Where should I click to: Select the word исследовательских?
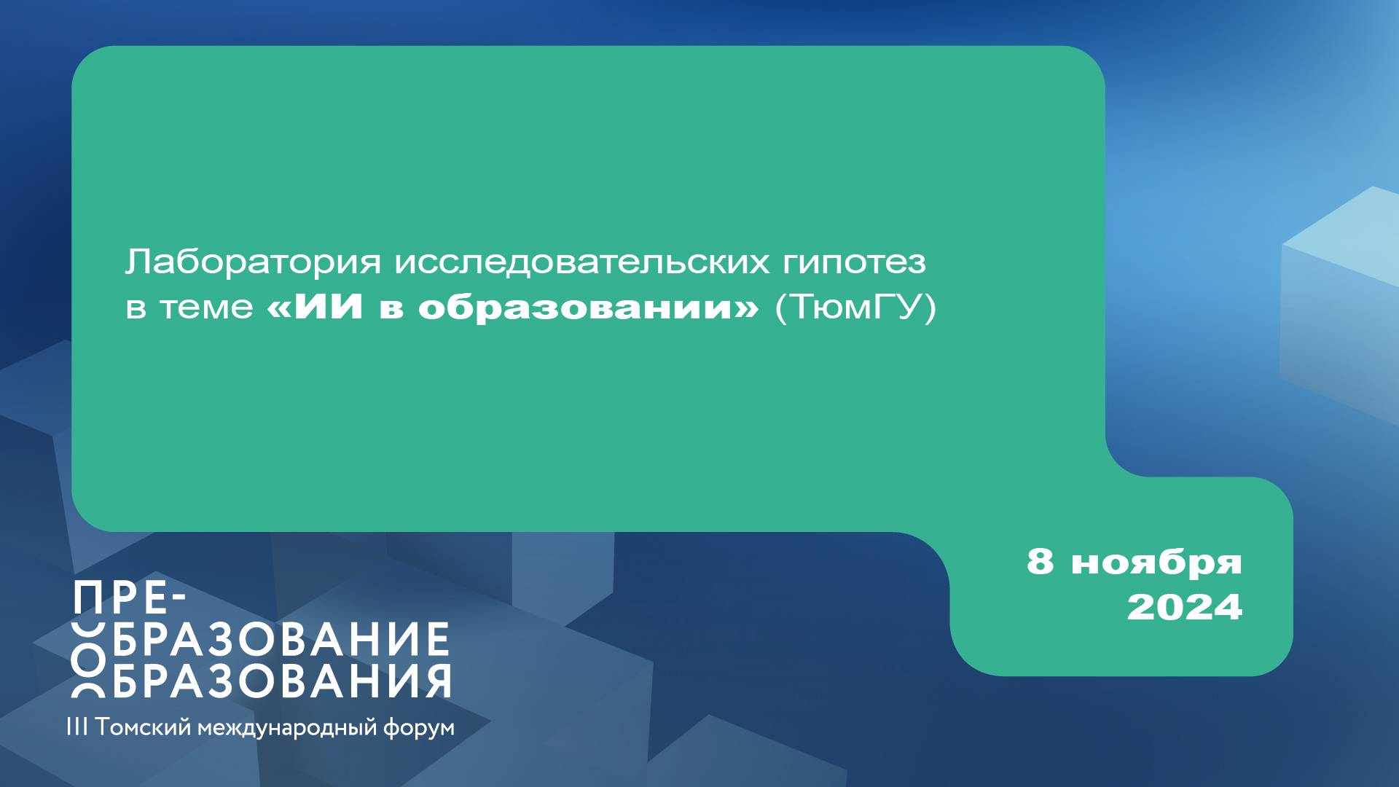[x=581, y=262]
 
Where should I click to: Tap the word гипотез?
[x=854, y=262]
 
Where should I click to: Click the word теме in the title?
[x=206, y=308]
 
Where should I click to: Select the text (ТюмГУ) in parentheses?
[x=855, y=308]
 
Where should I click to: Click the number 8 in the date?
[x=1040, y=561]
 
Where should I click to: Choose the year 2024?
[x=1184, y=607]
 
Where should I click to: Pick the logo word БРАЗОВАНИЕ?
[x=281, y=639]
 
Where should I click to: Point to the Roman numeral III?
[x=77, y=727]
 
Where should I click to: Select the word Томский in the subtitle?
[x=143, y=727]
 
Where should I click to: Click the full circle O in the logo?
[x=89, y=660]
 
